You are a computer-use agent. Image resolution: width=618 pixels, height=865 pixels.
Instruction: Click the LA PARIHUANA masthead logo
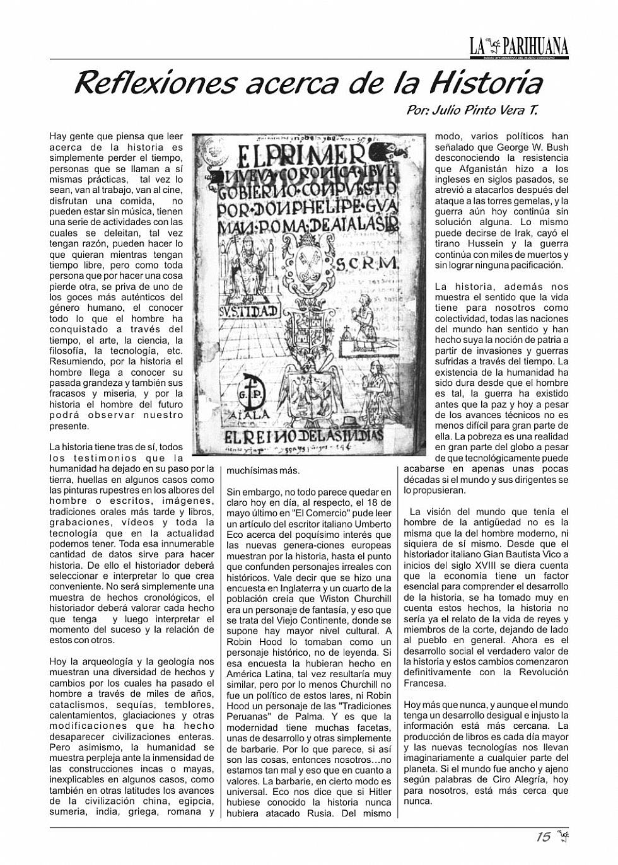pyautogui.click(x=519, y=46)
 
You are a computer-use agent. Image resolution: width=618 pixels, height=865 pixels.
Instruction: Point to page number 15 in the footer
pyautogui.click(x=543, y=837)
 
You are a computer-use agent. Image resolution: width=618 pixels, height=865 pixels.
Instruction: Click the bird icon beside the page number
pyautogui.click(x=563, y=837)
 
